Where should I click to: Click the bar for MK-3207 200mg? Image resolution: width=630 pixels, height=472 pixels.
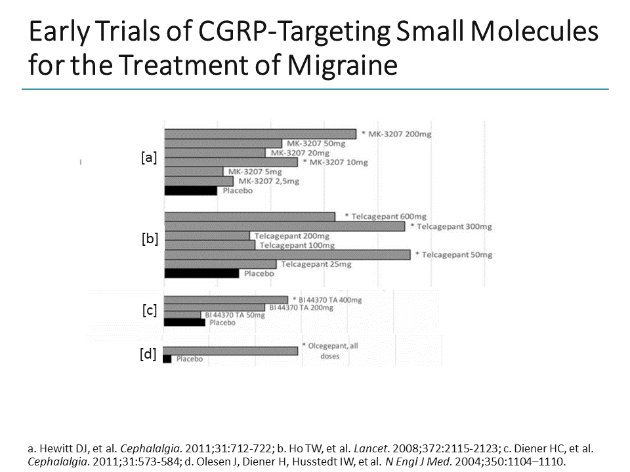point(260,134)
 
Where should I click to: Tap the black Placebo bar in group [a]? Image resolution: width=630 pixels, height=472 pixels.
point(190,191)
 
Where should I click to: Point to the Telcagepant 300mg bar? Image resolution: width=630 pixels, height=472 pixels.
point(284,226)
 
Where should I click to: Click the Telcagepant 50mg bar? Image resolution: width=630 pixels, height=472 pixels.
point(287,254)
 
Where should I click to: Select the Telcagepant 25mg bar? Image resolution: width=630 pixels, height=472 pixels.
point(220,264)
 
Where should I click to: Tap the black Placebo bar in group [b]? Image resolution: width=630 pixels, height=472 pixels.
point(201,273)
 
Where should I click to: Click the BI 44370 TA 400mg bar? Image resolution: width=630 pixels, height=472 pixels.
point(225,300)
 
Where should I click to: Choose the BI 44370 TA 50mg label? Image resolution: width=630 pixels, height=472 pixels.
point(234,315)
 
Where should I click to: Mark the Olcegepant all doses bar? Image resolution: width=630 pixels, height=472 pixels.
point(230,351)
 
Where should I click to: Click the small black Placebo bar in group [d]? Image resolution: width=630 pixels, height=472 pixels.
point(167,359)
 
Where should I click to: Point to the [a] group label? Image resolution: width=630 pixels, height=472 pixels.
point(149,158)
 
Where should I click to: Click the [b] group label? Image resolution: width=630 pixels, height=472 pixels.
point(150,239)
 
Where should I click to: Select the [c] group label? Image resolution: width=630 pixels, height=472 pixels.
point(150,311)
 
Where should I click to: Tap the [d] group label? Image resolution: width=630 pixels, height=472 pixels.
point(148,355)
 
